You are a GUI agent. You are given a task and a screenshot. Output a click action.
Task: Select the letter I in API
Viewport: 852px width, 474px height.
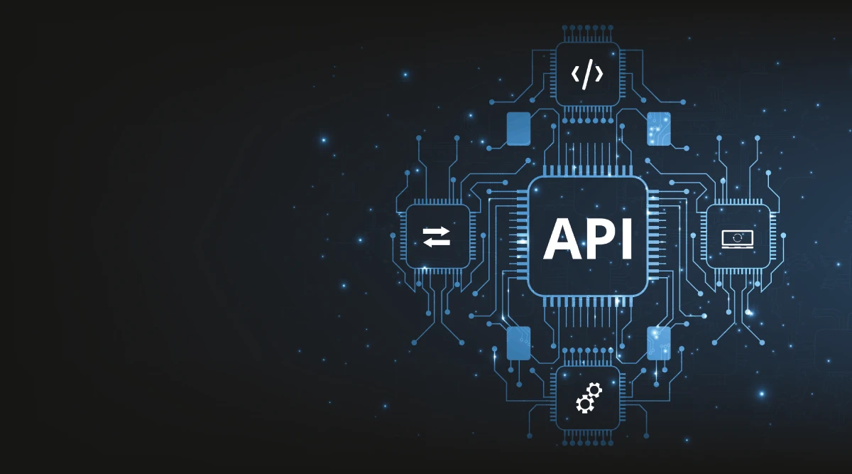point(626,238)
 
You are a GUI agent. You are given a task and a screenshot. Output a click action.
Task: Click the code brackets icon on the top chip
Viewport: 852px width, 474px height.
point(586,74)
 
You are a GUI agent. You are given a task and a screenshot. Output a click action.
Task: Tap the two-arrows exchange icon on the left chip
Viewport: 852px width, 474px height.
point(437,237)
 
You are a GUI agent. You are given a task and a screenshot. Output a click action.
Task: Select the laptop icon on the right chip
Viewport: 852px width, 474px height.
point(738,238)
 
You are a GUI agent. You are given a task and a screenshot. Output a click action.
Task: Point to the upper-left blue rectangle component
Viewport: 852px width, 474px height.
point(518,129)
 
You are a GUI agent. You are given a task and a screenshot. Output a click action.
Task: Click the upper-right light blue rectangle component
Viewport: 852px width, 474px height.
point(658,129)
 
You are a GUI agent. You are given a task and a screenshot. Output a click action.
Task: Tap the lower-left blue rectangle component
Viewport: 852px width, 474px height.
point(518,343)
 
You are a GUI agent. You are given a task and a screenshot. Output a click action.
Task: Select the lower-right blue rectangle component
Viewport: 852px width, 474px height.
point(658,343)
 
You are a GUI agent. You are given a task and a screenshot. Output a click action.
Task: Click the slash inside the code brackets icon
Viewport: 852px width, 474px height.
point(586,74)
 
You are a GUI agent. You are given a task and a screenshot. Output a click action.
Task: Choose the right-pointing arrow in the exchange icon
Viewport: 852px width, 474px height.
point(437,231)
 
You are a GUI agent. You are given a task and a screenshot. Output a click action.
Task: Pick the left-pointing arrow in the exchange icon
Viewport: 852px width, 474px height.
point(437,242)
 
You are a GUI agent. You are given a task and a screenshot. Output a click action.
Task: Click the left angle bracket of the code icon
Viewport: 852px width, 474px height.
point(575,74)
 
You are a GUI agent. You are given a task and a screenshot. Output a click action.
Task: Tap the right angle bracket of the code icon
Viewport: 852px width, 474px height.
point(599,74)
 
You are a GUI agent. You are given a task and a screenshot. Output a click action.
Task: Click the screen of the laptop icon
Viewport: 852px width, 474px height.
point(738,236)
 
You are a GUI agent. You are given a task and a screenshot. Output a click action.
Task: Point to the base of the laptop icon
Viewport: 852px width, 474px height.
point(738,246)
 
